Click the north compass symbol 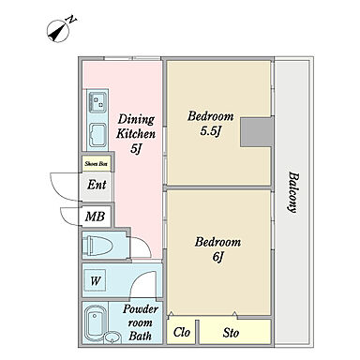pyautogui.click(x=58, y=31)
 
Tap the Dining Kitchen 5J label pyautogui.click(x=136, y=134)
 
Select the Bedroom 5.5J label pyautogui.click(x=210, y=124)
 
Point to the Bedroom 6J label pyautogui.click(x=217, y=249)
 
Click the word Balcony pyautogui.click(x=292, y=192)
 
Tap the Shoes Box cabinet pyautogui.click(x=96, y=163)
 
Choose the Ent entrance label pyautogui.click(x=97, y=185)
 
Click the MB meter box pyautogui.click(x=95, y=217)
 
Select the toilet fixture pyautogui.click(x=97, y=245)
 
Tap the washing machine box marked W pyautogui.click(x=96, y=280)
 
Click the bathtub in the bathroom pyautogui.click(x=96, y=323)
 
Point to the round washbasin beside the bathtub pyautogui.click(x=112, y=337)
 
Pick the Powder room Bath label pyautogui.click(x=140, y=322)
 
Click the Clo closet pyautogui.click(x=181, y=332)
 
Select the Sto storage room pyautogui.click(x=235, y=332)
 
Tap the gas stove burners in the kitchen pyautogui.click(x=97, y=102)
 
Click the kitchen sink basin pyautogui.click(x=98, y=135)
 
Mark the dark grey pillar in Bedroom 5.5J pyautogui.click(x=257, y=132)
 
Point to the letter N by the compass pyautogui.click(x=71, y=20)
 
